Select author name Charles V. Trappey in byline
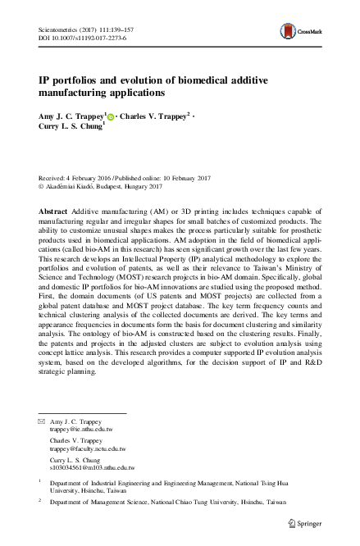pyautogui.click(x=156, y=117)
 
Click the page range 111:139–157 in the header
pyautogui.click(x=113, y=28)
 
